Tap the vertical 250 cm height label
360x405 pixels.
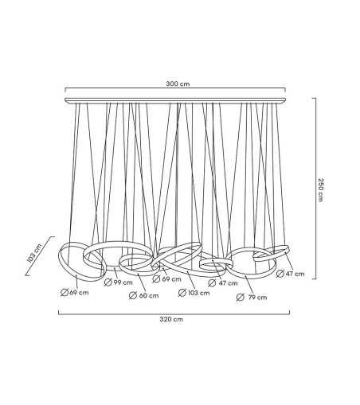tap(321, 189)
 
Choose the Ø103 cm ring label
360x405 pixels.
tap(194, 293)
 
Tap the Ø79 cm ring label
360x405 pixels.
tap(252, 297)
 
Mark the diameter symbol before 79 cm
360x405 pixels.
tap(240, 297)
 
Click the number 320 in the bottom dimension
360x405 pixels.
tap(167, 319)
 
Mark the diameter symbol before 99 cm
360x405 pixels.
tap(107, 283)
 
